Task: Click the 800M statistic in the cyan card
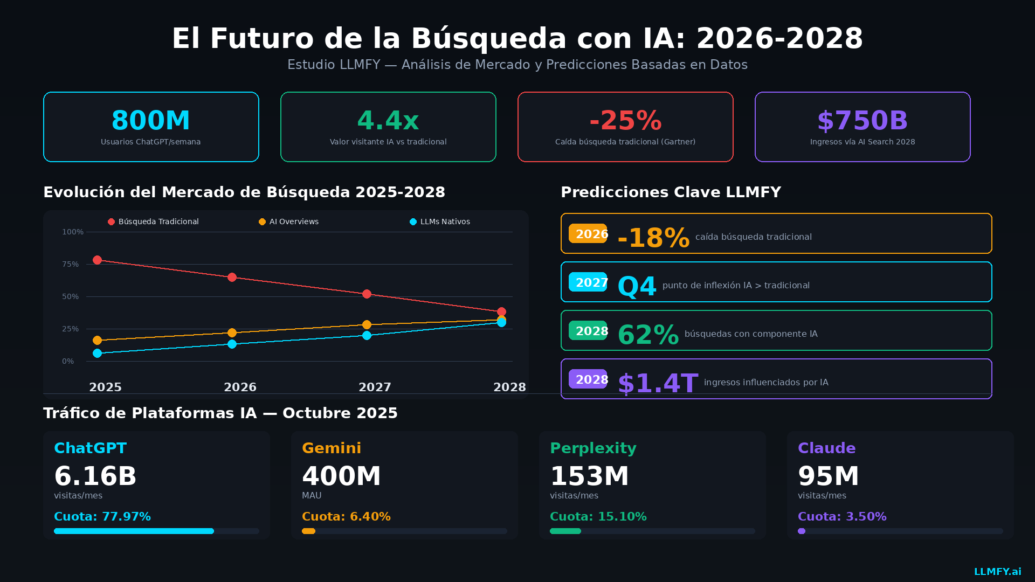150,121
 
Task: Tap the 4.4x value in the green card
388,121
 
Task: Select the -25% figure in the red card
625,121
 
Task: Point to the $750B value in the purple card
862,121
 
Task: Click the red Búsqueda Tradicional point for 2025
97,260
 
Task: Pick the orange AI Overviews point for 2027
367,325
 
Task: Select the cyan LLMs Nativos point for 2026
232,344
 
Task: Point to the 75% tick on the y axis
70,265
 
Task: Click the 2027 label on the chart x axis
375,387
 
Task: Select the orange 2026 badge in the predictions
588,234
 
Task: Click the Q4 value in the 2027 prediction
637,286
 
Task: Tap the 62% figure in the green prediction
648,335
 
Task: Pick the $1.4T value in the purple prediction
658,383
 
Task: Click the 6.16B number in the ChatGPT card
95,476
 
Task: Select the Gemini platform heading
332,448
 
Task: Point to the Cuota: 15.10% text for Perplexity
598,517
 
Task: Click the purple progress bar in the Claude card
802,531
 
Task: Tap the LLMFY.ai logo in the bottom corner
997,572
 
